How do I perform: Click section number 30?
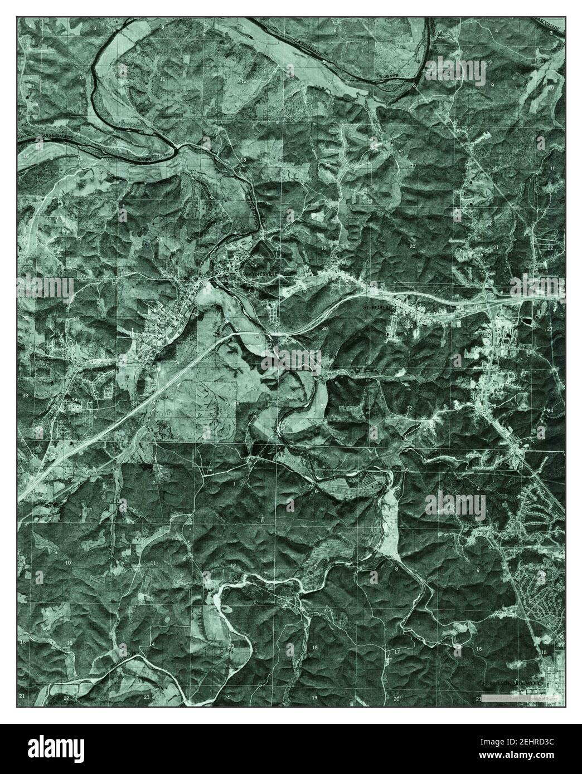[x=325, y=329]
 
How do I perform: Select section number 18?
[x=314, y=648]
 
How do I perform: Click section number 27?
[x=549, y=330]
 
